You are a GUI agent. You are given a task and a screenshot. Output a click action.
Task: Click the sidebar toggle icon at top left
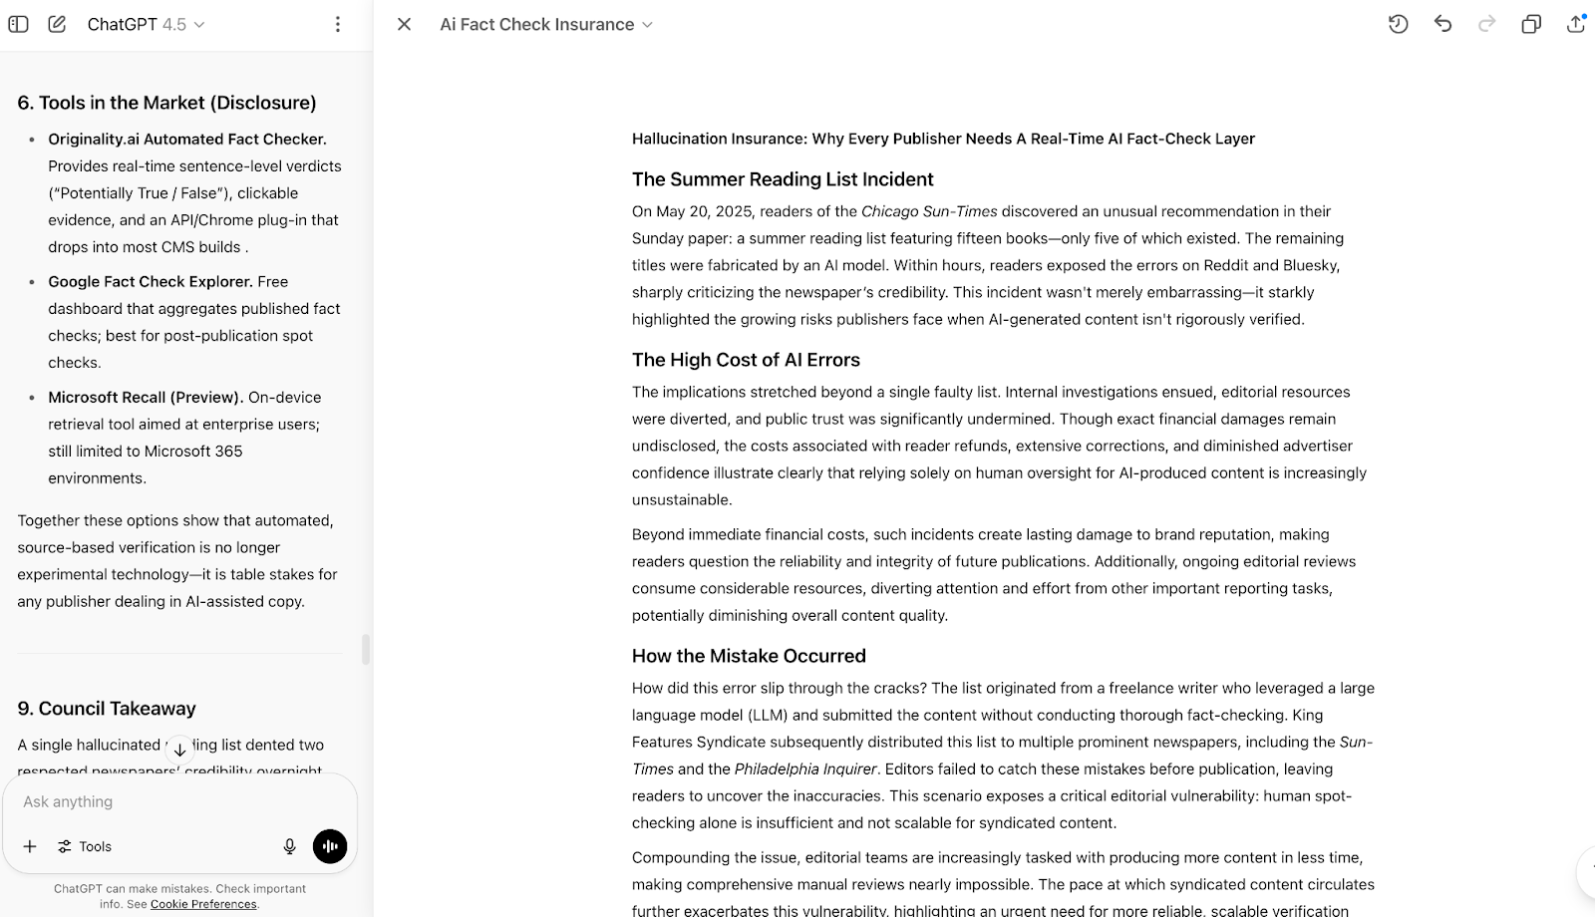tap(18, 24)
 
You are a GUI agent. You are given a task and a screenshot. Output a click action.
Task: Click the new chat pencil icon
tap(57, 24)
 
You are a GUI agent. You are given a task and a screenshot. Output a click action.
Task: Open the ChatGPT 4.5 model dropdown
tap(146, 24)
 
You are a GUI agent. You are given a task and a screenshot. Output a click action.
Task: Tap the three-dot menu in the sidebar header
tap(338, 24)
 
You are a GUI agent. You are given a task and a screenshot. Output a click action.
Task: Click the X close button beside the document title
tap(404, 24)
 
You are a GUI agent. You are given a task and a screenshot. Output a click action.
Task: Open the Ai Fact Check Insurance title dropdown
tap(546, 24)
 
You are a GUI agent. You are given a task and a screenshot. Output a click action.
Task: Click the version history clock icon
tap(1398, 24)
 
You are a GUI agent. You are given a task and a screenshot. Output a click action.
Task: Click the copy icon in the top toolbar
tap(1531, 24)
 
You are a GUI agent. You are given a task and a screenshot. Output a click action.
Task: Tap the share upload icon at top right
tap(1575, 24)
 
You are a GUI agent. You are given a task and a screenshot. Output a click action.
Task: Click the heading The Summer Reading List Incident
tap(783, 179)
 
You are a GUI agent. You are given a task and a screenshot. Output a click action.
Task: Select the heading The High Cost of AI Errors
tap(746, 360)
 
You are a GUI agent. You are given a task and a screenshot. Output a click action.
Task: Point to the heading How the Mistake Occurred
tap(749, 656)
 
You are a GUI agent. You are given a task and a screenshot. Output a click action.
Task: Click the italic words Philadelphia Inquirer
tap(805, 768)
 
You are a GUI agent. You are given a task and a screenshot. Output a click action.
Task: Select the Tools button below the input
tap(85, 846)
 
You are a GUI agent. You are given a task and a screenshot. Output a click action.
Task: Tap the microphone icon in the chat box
tap(289, 846)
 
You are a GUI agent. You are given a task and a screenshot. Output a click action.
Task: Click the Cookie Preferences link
tap(203, 904)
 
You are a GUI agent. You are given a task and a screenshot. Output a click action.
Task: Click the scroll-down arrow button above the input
tap(179, 750)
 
